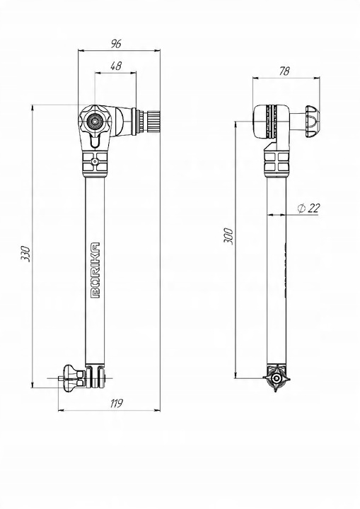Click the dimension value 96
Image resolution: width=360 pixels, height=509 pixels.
pyautogui.click(x=116, y=44)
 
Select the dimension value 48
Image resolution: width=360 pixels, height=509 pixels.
pyautogui.click(x=116, y=66)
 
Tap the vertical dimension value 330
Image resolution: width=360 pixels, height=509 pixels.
pyautogui.click(x=25, y=254)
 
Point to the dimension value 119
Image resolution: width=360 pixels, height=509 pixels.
pyautogui.click(x=116, y=404)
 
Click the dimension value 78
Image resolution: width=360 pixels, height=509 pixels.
pyautogui.click(x=284, y=71)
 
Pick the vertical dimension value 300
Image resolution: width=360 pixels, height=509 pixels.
pyautogui.click(x=228, y=236)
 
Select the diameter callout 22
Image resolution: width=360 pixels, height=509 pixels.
pyautogui.click(x=308, y=209)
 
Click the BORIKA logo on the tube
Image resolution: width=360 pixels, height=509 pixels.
pyautogui.click(x=95, y=270)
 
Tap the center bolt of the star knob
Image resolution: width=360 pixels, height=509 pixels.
pyautogui.click(x=94, y=121)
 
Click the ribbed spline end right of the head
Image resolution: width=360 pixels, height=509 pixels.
pyautogui.click(x=153, y=121)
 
